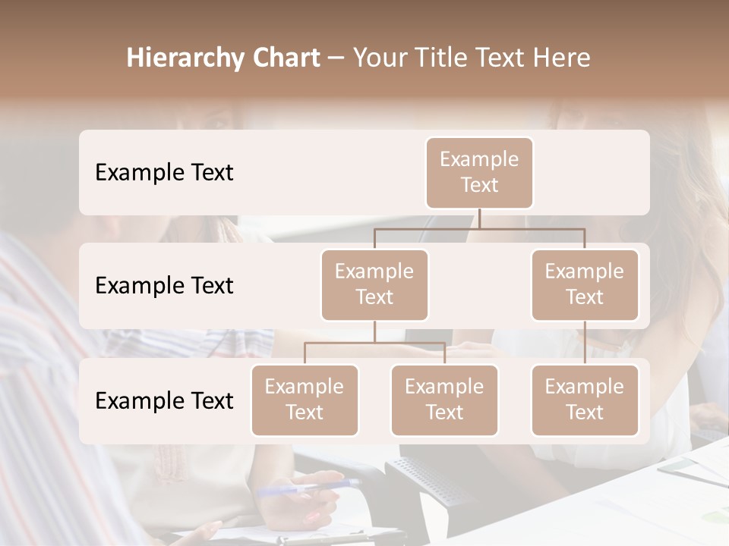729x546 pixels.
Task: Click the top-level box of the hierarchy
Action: tap(479, 172)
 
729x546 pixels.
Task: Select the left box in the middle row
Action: tap(374, 284)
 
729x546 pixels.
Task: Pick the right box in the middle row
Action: tap(585, 284)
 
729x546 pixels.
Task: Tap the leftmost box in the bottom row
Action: tap(305, 400)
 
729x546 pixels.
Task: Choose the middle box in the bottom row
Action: tap(444, 400)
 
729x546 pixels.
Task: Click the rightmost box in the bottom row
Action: tap(585, 400)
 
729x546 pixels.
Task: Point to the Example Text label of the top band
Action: tap(164, 173)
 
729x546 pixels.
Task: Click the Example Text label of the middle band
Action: tap(164, 286)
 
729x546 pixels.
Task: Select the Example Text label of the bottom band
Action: tap(164, 400)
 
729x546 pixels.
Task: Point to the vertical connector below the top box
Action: tap(479, 218)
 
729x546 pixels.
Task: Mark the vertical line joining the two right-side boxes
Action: tap(585, 343)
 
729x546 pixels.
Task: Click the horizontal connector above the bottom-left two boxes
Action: tap(374, 343)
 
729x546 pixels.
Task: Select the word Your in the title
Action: tap(378, 58)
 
